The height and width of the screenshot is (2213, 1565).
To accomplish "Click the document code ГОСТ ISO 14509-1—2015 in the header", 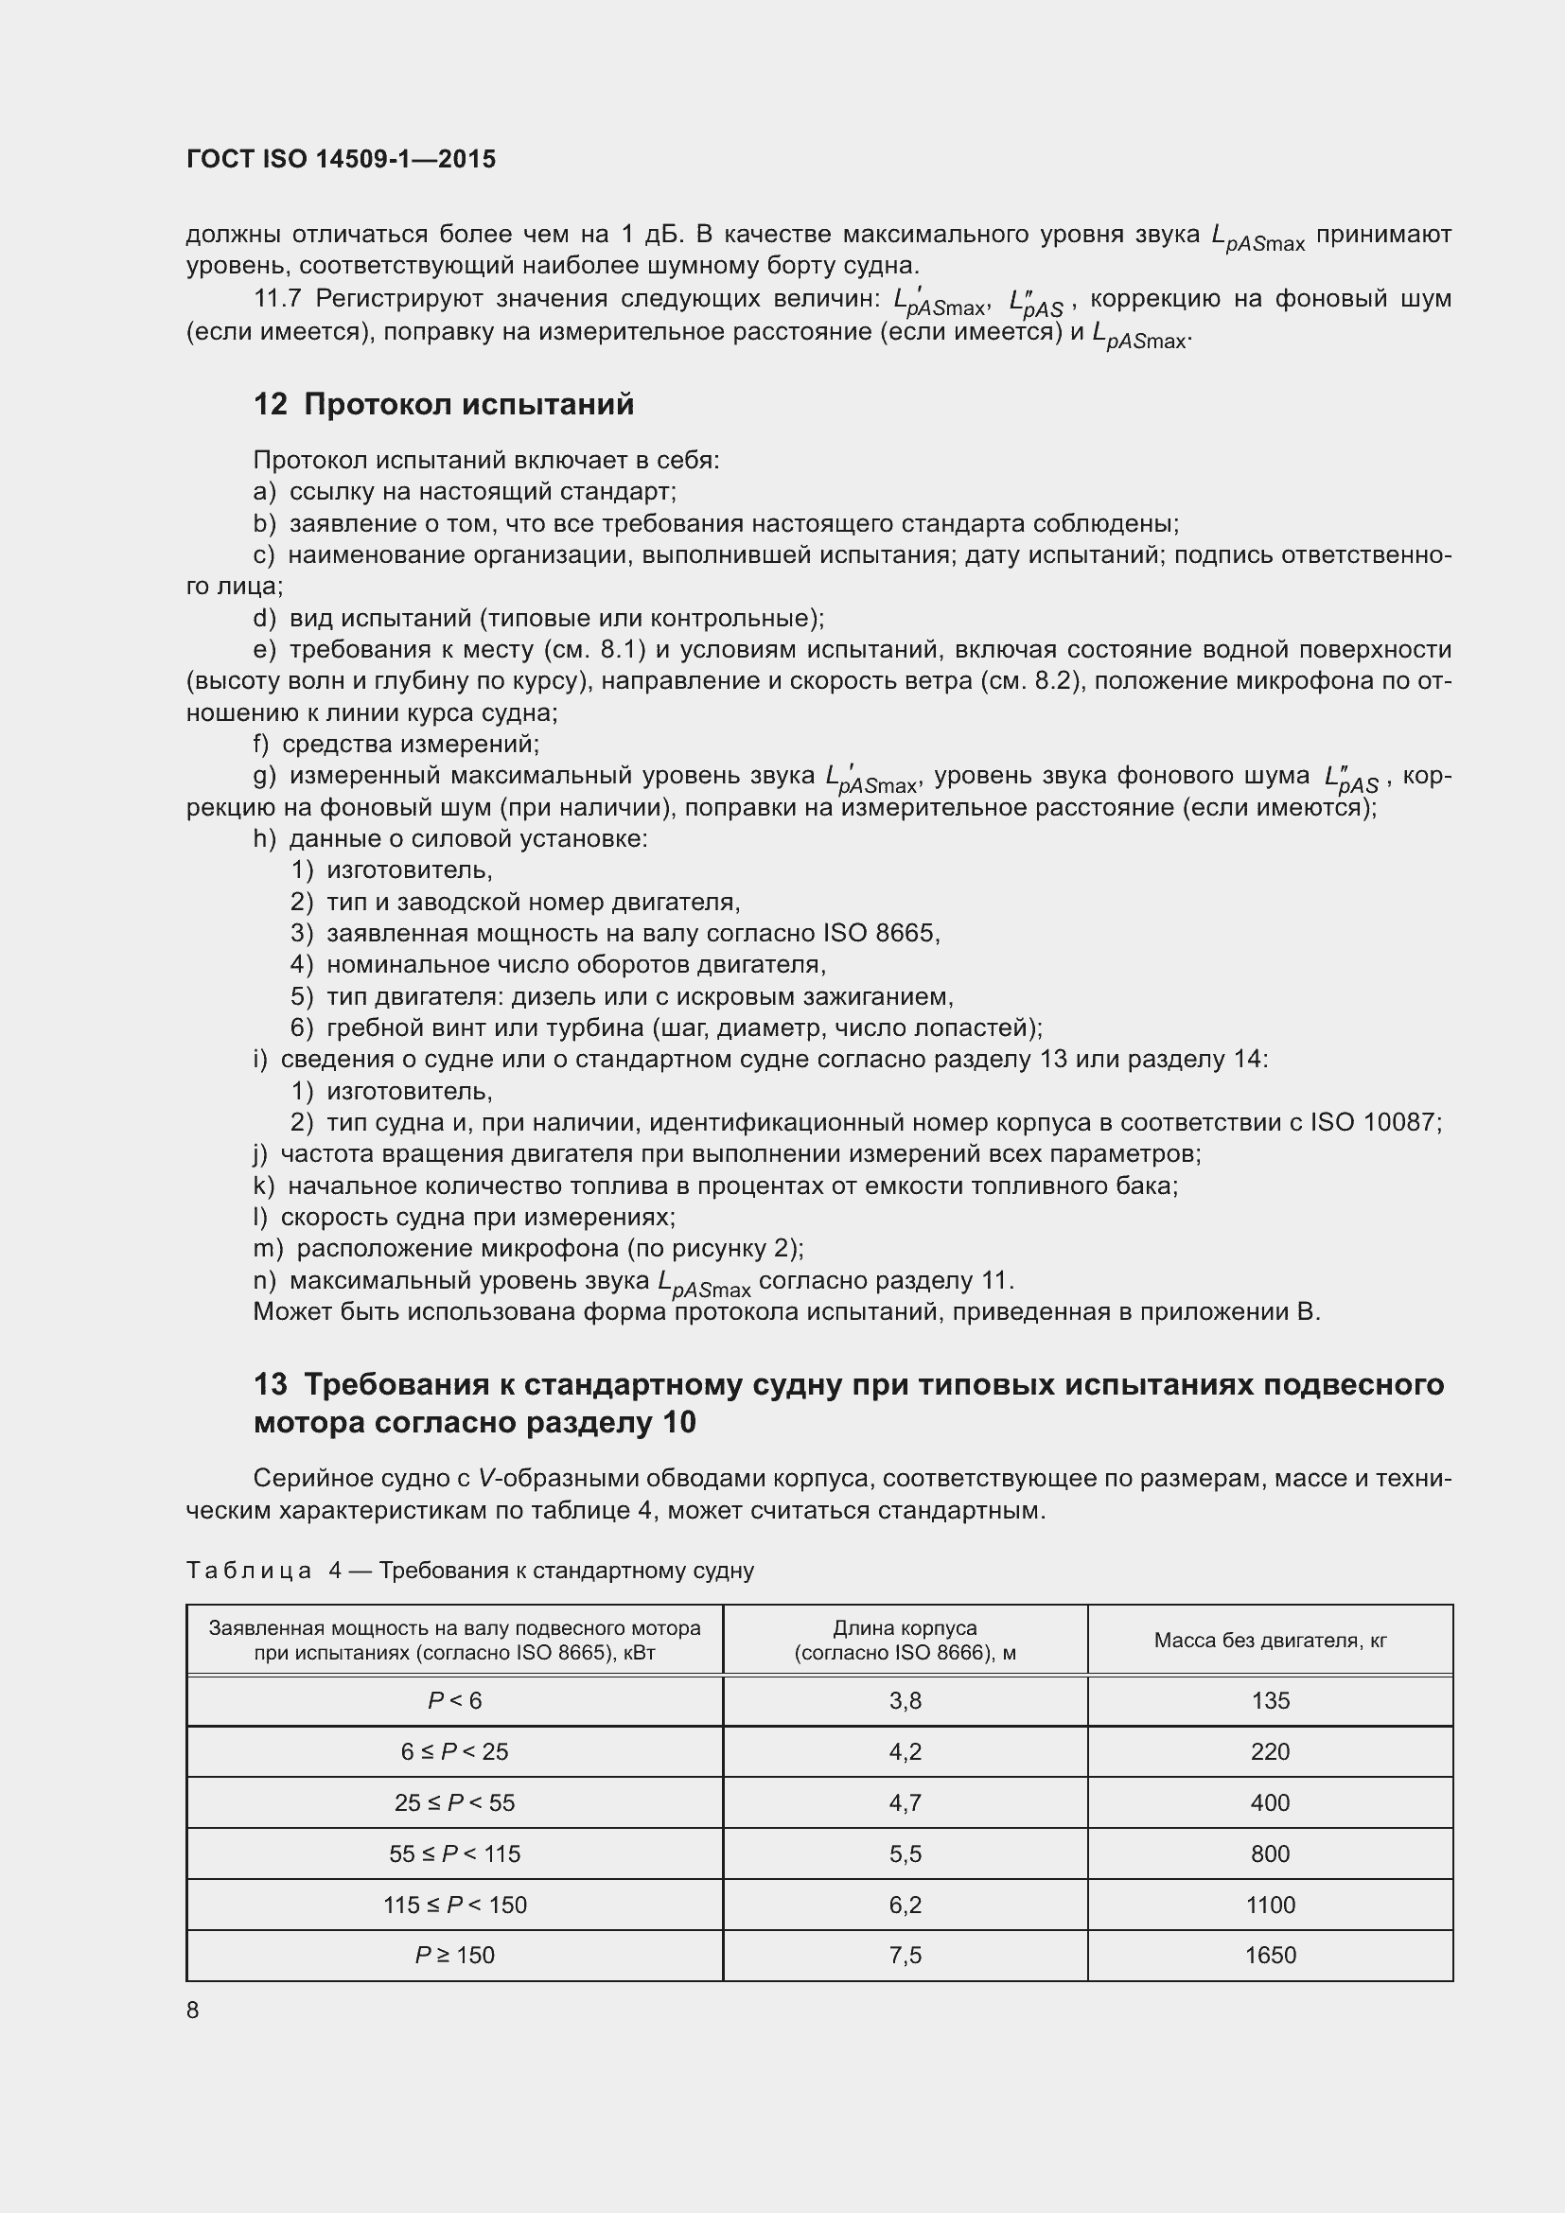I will pos(342,159).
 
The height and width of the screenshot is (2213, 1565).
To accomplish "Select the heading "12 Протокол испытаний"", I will pos(443,404).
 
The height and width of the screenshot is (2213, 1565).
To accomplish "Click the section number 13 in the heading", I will pos(270,1385).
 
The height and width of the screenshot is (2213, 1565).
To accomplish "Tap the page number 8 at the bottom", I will pos(193,2010).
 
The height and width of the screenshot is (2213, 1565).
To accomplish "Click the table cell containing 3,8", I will pos(905,1701).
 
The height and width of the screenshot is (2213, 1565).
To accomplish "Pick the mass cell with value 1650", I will pos(1269,1955).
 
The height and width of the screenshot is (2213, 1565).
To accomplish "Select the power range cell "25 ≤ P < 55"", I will pos(454,1802).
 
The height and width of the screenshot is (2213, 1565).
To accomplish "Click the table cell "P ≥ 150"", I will pos(454,1955).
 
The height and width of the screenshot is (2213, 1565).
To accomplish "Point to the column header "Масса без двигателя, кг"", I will pos(1269,1641).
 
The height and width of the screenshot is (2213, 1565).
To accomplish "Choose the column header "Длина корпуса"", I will pos(905,1629).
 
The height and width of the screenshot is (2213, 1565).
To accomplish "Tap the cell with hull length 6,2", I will pos(905,1905).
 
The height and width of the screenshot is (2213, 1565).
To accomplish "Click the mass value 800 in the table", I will pos(1269,1853).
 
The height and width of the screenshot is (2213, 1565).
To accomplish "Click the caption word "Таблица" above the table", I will pos(249,1572).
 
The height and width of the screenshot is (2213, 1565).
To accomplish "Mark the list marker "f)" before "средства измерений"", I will pos(261,744).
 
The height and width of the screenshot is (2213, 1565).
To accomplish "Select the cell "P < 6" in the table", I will pos(454,1701).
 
